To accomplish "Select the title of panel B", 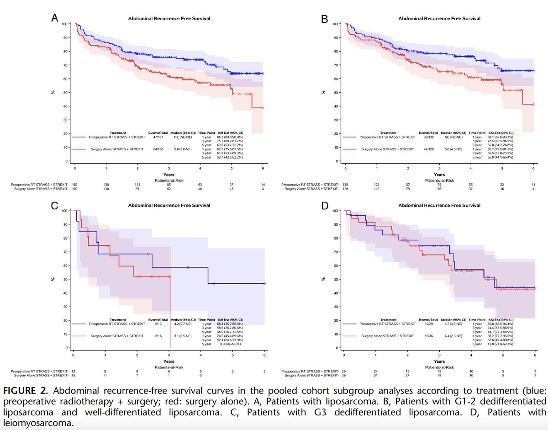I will pos(439,19).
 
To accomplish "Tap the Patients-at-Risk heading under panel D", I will pos(439,366).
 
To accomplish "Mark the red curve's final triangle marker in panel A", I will pos(263,108).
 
